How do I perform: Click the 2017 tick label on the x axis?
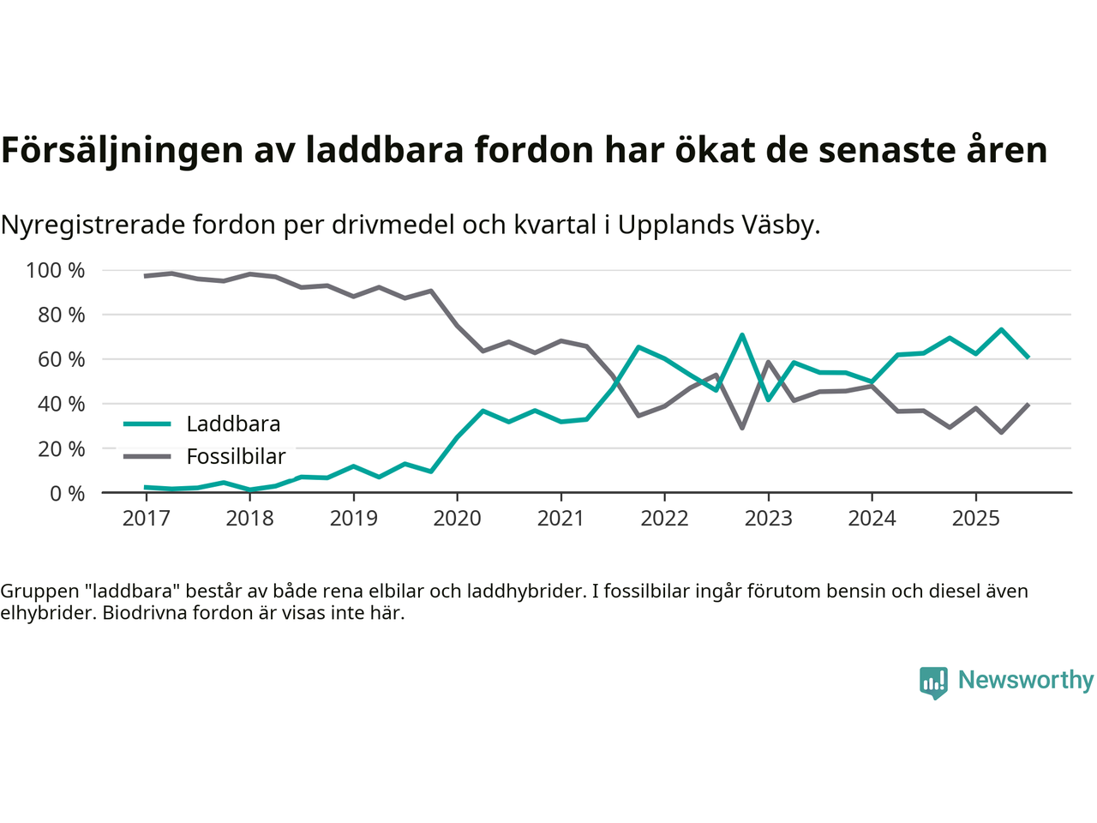point(146,518)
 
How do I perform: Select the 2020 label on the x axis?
point(457,518)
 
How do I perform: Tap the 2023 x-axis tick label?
point(768,518)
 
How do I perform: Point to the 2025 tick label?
point(975,518)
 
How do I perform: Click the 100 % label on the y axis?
point(56,271)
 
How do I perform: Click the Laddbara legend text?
point(233,424)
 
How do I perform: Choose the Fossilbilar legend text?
point(236,457)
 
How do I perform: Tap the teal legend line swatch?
point(147,424)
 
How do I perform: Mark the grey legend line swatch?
point(147,457)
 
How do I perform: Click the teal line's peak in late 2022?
point(742,334)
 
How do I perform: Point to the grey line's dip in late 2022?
point(742,428)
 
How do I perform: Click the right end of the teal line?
point(1028,357)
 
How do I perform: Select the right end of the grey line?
point(1028,405)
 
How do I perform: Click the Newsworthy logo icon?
point(933,682)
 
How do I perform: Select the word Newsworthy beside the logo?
point(1026,680)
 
